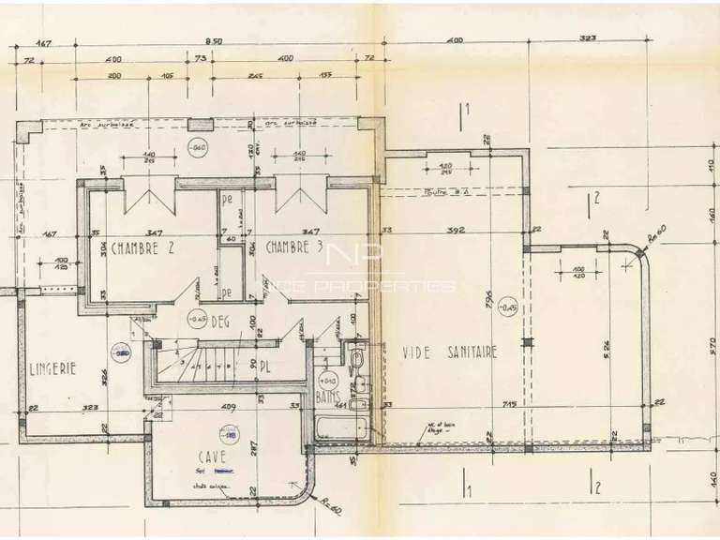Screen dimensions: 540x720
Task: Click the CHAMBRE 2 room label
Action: point(143,248)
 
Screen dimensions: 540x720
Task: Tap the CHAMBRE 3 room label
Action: point(294,248)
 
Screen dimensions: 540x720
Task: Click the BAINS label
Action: point(328,398)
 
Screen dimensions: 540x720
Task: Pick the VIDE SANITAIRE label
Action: point(449,352)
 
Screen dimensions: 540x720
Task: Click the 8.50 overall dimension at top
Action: point(214,42)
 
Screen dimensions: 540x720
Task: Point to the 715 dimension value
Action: point(512,404)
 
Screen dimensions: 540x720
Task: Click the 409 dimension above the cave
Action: point(227,407)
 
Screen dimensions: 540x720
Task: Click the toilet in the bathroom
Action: point(357,362)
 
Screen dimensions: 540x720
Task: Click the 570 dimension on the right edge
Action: point(712,344)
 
